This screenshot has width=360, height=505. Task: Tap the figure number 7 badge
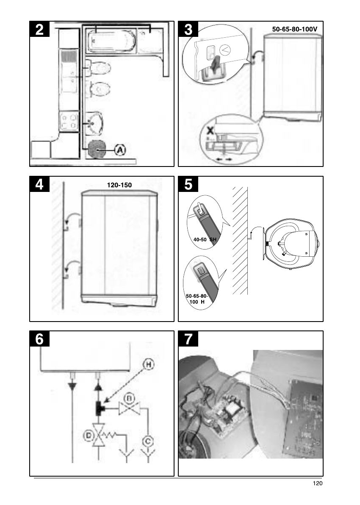point(188,339)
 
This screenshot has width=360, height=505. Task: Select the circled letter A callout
point(120,150)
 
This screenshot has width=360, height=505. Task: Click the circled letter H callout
point(148,365)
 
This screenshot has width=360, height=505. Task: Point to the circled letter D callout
point(88,436)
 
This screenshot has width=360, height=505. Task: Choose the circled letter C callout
point(148,441)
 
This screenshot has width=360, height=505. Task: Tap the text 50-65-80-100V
point(295,29)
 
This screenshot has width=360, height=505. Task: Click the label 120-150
point(119,185)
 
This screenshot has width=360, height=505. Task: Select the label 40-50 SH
point(205,240)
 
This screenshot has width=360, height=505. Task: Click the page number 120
point(318,483)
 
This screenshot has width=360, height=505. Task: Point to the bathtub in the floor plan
point(111,41)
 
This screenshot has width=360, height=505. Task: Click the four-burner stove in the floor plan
point(69,122)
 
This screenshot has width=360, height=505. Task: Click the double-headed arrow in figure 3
point(224,159)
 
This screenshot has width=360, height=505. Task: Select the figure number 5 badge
point(188,184)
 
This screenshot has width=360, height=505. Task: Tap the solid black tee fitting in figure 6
point(99,408)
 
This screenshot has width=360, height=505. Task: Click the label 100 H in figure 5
point(197,302)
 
